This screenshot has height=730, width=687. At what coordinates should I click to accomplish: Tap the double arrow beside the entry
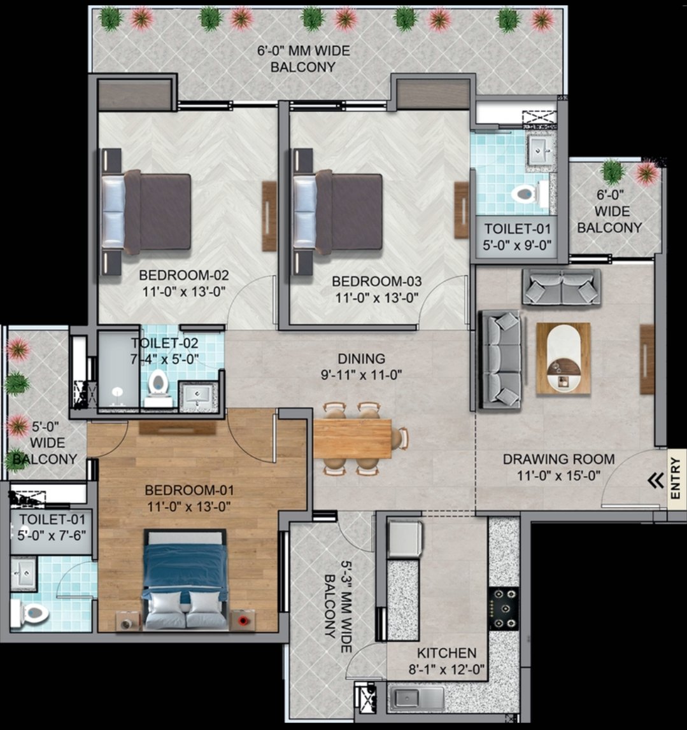click(x=655, y=481)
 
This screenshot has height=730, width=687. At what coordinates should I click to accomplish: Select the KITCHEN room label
click(x=446, y=653)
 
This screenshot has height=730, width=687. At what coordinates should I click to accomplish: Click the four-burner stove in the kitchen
click(x=504, y=608)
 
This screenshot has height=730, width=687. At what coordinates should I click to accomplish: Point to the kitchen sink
click(x=416, y=698)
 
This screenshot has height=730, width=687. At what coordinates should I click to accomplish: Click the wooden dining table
click(x=352, y=439)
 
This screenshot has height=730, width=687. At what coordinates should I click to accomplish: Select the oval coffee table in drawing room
click(x=563, y=358)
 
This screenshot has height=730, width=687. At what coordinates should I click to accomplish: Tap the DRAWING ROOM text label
click(x=558, y=459)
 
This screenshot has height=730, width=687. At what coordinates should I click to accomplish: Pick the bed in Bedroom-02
click(x=153, y=212)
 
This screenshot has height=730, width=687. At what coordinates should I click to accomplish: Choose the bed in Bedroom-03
click(x=344, y=212)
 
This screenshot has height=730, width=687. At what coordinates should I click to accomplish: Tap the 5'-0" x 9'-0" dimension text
click(x=518, y=244)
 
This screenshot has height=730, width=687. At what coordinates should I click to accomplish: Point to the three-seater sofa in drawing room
click(x=500, y=359)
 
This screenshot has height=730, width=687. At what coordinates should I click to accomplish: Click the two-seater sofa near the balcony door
click(x=561, y=287)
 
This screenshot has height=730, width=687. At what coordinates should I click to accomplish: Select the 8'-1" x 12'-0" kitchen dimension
click(x=446, y=669)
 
